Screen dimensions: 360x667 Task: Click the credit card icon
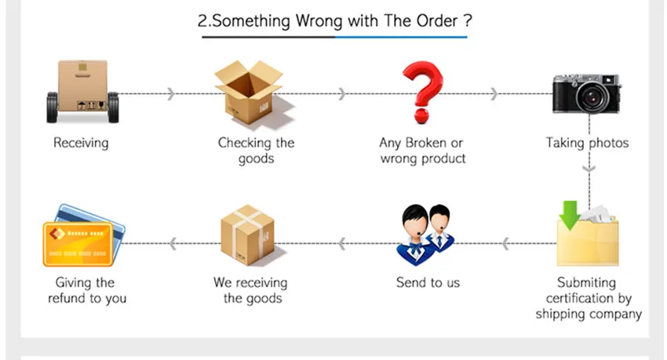coord(81,235)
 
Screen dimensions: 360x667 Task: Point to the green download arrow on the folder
coord(570,213)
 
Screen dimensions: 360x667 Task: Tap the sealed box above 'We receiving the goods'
coord(248,235)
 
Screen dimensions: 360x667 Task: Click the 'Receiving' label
coord(81,143)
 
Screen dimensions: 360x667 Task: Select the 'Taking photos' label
coord(587,143)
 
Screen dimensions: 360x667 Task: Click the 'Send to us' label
coord(428,282)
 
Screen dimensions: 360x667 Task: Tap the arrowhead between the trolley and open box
coord(171,94)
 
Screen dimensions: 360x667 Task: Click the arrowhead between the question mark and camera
coord(493,94)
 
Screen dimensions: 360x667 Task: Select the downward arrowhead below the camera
coord(590,167)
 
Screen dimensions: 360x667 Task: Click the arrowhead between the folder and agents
coord(506,244)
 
